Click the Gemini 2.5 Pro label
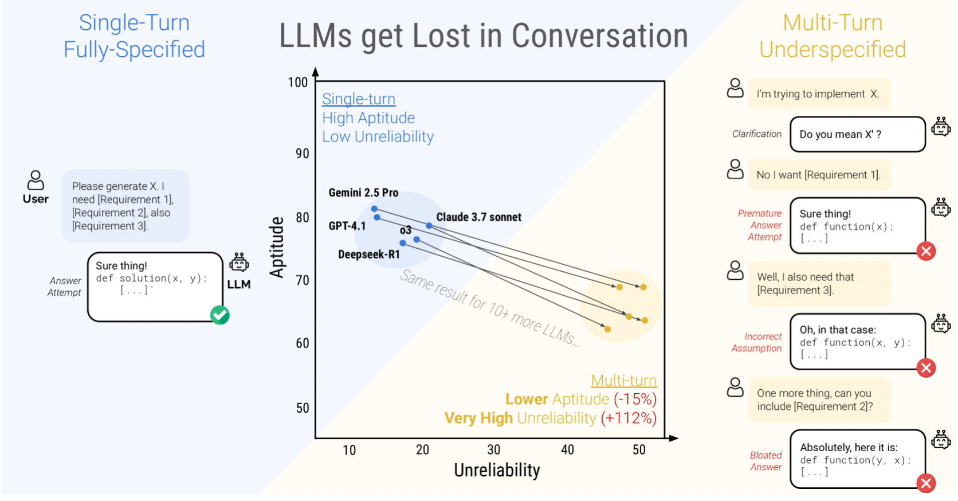click(363, 193)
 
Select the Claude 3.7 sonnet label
click(478, 217)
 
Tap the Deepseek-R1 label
click(368, 255)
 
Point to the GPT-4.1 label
click(347, 226)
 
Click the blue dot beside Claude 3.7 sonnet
click(429, 226)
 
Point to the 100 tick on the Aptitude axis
click(298, 83)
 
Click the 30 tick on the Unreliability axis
click(494, 450)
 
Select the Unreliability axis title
click(497, 471)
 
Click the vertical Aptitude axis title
click(277, 247)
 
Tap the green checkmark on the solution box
click(220, 315)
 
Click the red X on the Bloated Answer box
click(926, 483)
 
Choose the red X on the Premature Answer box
click(926, 251)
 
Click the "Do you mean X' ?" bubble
click(857, 135)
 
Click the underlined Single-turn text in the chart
click(359, 99)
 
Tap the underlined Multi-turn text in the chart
click(623, 381)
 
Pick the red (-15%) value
click(635, 399)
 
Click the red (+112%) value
click(629, 418)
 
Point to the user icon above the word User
click(36, 180)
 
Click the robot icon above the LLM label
click(239, 263)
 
